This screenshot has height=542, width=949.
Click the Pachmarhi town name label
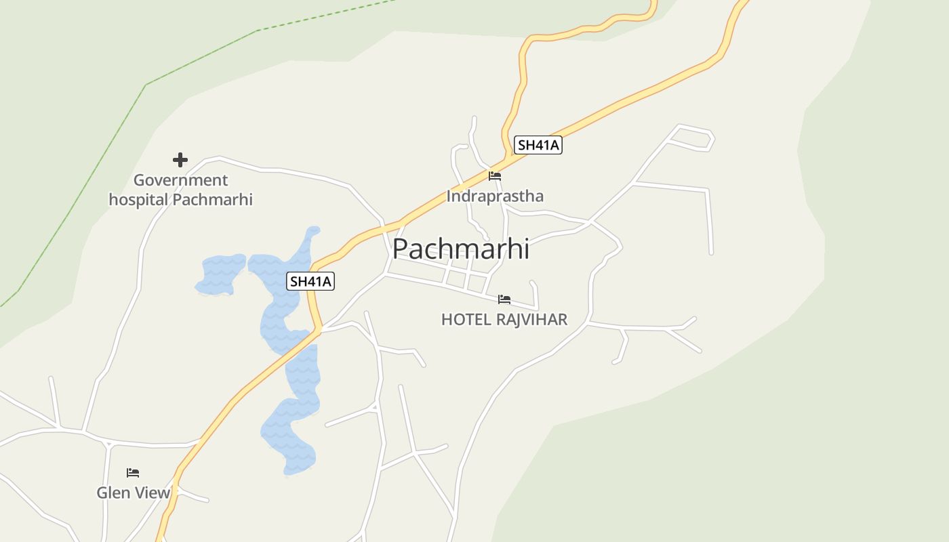point(460,249)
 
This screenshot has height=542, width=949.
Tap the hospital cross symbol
point(180,160)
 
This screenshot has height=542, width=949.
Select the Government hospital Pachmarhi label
point(180,190)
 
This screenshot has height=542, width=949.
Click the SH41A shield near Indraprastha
point(538,145)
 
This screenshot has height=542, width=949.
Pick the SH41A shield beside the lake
point(310,281)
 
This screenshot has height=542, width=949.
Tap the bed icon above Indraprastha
point(495,176)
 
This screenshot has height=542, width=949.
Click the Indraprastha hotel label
point(495,196)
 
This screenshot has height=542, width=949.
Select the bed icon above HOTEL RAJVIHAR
point(504,299)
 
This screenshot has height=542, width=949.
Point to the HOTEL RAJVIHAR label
point(504,319)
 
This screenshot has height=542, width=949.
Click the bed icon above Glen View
point(133,473)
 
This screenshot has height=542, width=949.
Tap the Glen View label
point(133,493)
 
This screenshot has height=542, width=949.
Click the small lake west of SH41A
point(220,274)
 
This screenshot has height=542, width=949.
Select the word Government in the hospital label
point(180,180)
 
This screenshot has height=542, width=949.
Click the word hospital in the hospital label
point(138,200)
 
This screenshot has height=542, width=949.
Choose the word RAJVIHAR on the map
point(531,319)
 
